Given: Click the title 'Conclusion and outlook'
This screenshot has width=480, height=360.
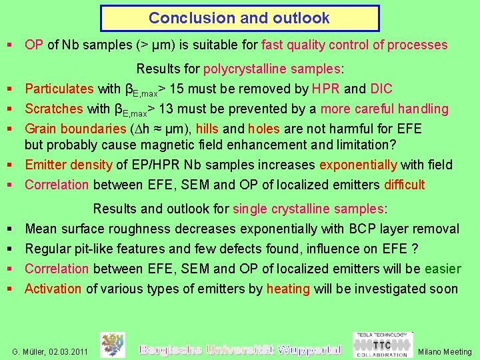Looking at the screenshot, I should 239,18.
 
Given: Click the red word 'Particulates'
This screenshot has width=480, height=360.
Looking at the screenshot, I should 59,89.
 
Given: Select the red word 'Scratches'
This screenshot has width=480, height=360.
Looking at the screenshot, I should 53,109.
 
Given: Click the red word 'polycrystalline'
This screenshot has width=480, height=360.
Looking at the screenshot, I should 238,69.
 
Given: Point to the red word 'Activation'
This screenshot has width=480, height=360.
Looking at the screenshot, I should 53,289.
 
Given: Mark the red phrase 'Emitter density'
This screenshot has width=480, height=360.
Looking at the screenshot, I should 69,165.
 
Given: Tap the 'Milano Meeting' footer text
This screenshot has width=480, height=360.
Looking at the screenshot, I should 444,351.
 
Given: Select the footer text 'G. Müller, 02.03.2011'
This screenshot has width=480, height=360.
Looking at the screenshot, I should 50,351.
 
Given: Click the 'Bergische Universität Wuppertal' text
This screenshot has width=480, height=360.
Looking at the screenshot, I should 239,349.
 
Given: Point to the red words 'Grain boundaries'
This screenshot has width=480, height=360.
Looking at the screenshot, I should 73,129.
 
